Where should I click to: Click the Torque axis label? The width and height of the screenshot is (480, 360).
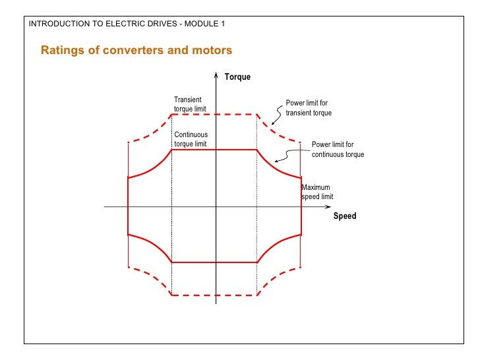[237, 77]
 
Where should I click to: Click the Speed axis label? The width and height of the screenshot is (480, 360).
[344, 216]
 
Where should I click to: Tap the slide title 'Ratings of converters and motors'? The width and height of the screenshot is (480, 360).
[136, 50]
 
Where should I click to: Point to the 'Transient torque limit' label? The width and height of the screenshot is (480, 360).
[188, 104]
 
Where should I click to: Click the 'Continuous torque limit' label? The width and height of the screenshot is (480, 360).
[191, 139]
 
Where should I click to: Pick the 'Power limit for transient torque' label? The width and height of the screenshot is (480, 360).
[308, 108]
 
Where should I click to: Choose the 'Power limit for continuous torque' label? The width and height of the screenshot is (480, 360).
[338, 149]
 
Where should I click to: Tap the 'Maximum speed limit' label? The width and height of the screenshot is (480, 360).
[317, 192]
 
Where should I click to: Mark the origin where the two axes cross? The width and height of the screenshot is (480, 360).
[216, 207]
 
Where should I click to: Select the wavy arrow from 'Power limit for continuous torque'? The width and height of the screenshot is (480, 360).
[290, 156]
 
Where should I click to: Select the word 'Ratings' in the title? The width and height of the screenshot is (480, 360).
[62, 50]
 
